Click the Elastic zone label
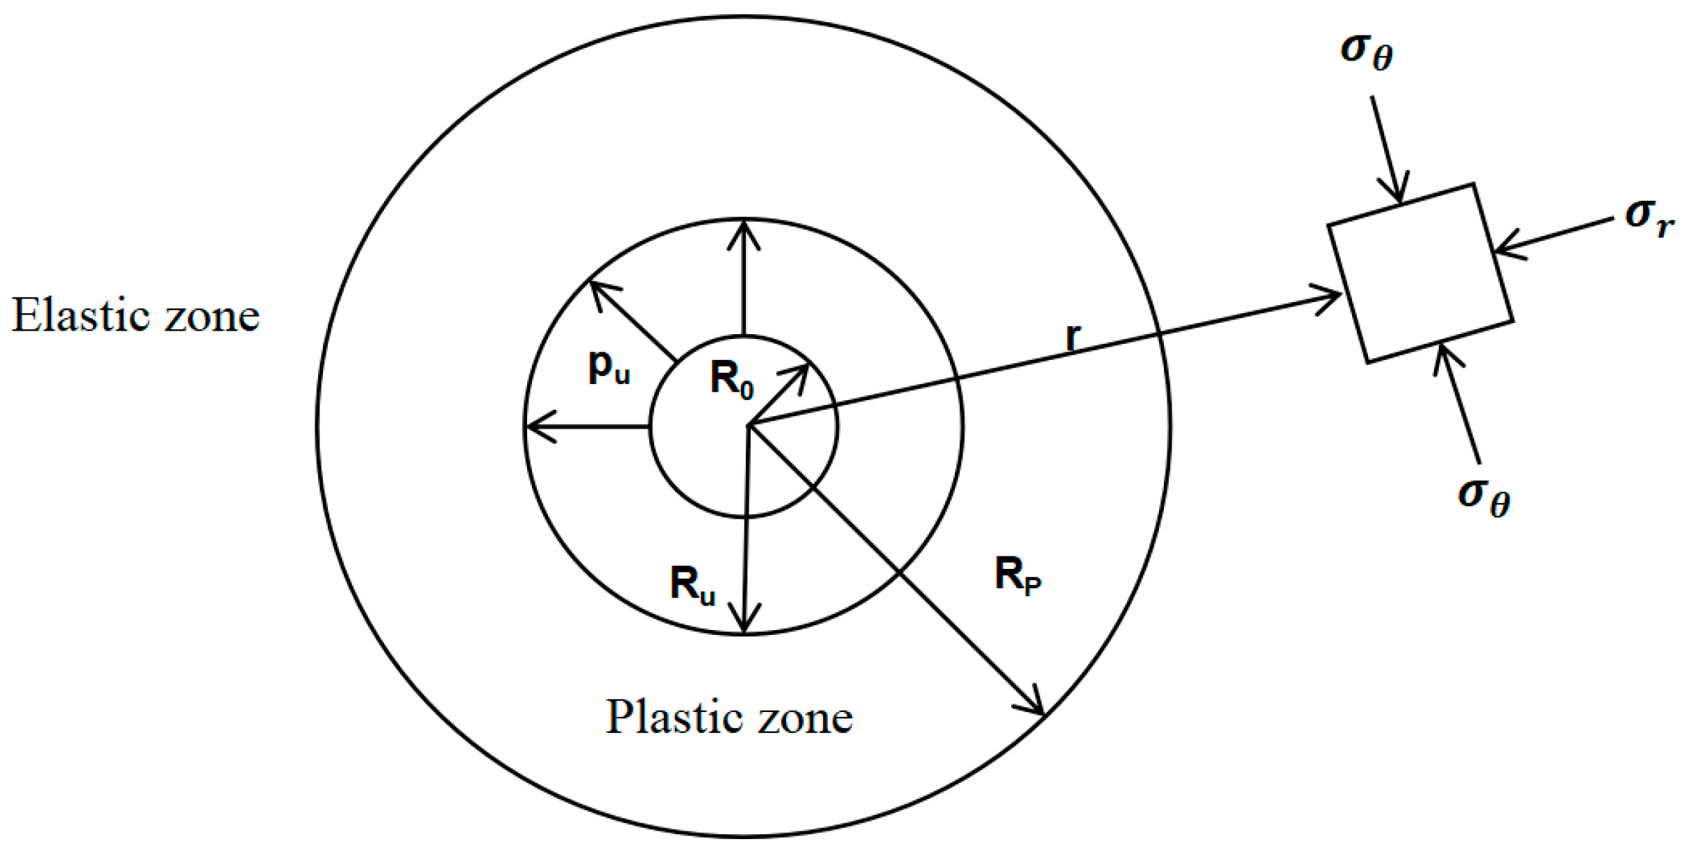click(135, 317)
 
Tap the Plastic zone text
click(729, 718)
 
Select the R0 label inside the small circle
click(731, 381)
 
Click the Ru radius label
click(692, 585)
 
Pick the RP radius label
click(1017, 577)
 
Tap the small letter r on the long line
click(1073, 338)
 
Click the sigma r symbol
click(1649, 217)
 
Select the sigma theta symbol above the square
click(1367, 51)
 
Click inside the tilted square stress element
click(1420, 273)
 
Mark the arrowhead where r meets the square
click(1333, 299)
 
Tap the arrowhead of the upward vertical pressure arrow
click(744, 229)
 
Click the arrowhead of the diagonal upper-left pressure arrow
click(596, 286)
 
